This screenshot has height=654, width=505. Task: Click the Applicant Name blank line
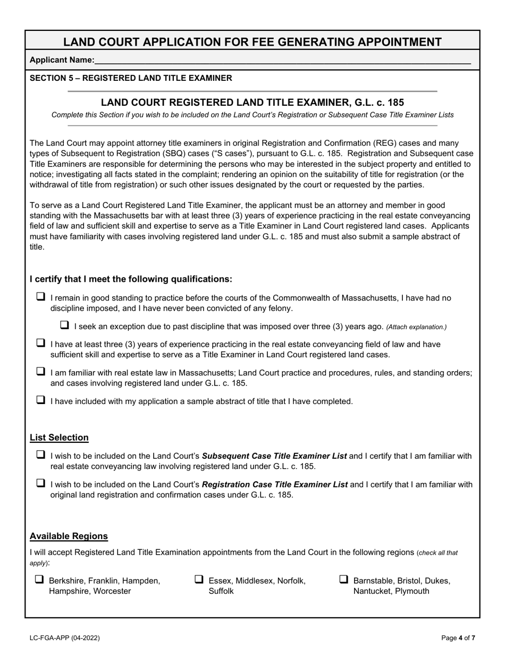(282, 61)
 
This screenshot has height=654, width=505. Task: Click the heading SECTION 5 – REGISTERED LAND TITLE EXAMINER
(131, 78)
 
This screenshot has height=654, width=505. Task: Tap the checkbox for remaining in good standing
(40, 297)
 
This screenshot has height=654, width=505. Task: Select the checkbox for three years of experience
(40, 343)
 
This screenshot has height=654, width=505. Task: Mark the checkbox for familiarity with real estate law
(40, 372)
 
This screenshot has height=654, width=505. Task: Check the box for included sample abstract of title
(40, 400)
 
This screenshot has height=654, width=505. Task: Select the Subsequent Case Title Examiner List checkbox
(40, 455)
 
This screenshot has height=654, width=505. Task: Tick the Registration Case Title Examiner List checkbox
(40, 484)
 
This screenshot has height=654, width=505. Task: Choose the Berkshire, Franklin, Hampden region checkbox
(39, 580)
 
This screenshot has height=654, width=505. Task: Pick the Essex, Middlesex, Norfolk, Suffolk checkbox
(199, 580)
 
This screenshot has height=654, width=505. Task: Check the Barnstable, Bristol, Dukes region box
(343, 580)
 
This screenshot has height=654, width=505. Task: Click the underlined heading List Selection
(59, 438)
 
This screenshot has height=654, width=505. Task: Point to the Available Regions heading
(69, 536)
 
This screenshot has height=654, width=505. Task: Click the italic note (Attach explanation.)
(416, 327)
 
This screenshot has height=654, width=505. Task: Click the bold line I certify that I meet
(131, 279)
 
